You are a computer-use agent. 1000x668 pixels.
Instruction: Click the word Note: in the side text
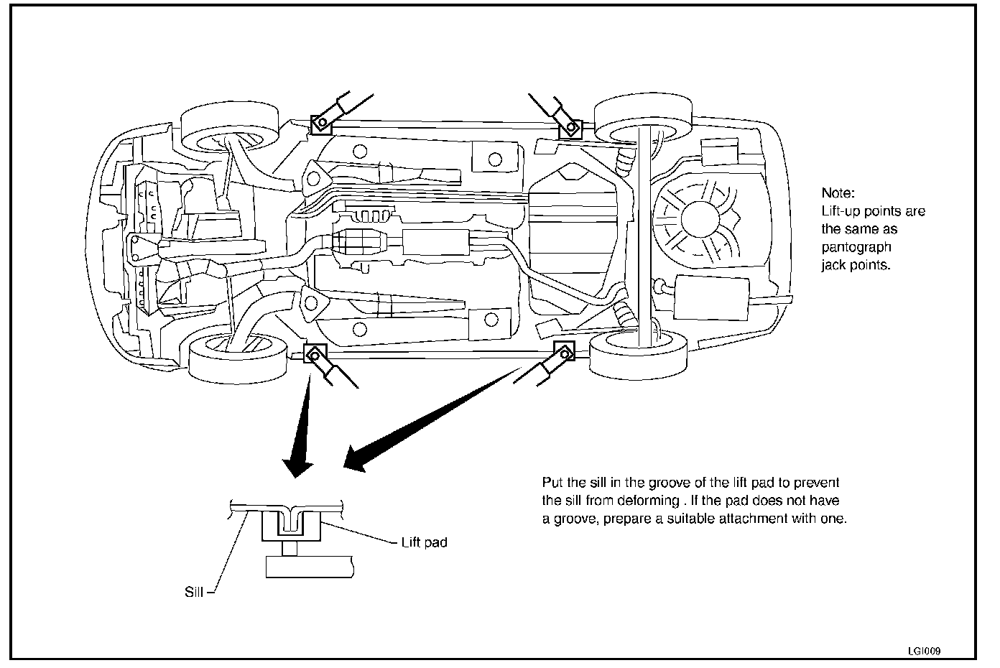[x=838, y=193]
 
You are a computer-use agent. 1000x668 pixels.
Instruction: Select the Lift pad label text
[x=424, y=542]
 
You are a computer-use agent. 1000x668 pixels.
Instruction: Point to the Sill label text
[x=194, y=593]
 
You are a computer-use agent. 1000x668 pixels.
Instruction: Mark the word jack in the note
[x=834, y=265]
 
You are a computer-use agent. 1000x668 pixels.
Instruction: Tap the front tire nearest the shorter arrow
[x=233, y=357]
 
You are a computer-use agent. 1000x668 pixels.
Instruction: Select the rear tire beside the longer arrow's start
[x=638, y=353]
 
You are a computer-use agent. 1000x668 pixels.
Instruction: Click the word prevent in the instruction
[x=818, y=483]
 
